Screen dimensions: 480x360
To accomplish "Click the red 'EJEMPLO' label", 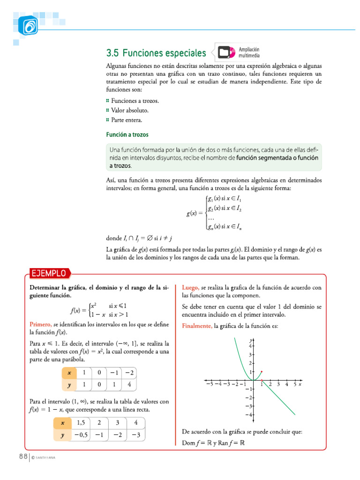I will click(49, 273).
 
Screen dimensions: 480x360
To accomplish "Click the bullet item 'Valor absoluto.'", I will click(130, 110).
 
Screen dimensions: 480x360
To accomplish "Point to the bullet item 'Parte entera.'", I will click(126, 120).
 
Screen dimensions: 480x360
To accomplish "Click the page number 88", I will click(22, 457).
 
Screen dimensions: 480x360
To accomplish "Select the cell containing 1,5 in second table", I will click(81, 422).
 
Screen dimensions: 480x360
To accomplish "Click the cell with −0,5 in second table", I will click(81, 435).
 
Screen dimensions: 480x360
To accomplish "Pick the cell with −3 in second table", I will click(135, 435).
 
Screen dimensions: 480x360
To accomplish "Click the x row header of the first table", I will click(69, 373).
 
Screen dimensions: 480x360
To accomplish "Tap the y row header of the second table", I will click(61, 435).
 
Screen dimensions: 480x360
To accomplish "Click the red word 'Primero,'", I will click(41, 324).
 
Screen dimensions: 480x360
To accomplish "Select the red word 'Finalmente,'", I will click(197, 326).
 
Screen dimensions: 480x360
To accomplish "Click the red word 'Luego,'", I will click(191, 287).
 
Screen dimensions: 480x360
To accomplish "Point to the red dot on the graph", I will click(262, 371).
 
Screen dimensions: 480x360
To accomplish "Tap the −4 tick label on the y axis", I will click(250, 414).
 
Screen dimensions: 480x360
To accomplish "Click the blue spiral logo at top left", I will click(29, 26).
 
